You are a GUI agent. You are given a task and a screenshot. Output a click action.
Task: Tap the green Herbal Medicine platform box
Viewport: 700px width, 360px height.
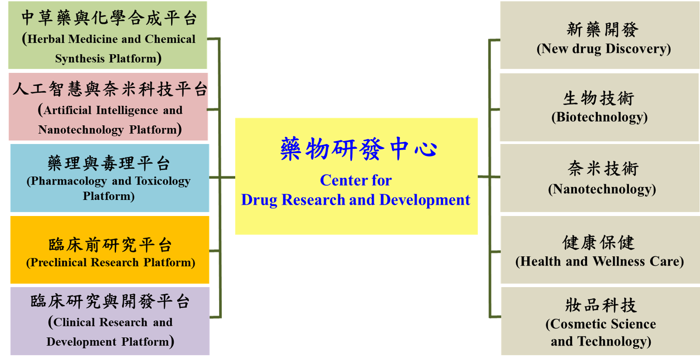[x=107, y=35]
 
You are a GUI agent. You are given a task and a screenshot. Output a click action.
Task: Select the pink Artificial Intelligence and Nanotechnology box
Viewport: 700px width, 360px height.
[x=108, y=107]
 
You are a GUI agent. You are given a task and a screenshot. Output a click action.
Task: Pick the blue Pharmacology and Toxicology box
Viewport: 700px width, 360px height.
[x=110, y=178]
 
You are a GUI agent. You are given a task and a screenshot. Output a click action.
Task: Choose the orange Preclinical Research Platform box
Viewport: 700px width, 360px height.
[x=110, y=250]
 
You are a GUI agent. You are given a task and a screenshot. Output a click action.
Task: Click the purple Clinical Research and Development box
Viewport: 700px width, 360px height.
[x=110, y=321]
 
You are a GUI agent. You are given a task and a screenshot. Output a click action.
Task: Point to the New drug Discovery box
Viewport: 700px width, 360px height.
[x=600, y=35]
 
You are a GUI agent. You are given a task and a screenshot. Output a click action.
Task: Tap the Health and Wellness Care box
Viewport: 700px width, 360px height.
[x=600, y=250]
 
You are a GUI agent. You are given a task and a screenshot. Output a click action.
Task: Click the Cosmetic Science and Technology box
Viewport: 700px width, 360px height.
[x=600, y=321]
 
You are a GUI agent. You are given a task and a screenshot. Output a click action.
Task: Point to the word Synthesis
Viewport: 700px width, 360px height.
[x=80, y=58]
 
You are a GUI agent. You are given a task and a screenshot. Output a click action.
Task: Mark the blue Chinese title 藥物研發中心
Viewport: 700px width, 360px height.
[x=359, y=149]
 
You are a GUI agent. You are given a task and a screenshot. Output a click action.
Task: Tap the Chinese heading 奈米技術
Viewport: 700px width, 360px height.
[x=603, y=168]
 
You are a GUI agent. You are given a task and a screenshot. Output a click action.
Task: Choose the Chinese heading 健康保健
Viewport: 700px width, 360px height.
[x=598, y=242]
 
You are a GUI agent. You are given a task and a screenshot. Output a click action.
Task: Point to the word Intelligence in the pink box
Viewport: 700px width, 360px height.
[x=127, y=110]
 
